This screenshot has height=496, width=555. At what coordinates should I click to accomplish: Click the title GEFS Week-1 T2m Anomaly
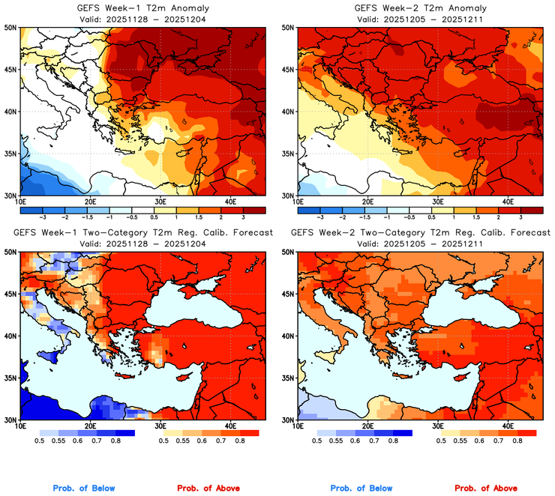(x=142, y=7)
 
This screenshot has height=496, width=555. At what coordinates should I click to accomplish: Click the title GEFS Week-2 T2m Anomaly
(x=421, y=7)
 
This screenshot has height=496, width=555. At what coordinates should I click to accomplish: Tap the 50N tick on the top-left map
(x=12, y=28)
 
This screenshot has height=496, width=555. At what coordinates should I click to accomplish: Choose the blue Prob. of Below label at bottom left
(x=83, y=488)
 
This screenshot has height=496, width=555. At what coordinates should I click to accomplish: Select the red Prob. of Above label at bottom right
(x=488, y=488)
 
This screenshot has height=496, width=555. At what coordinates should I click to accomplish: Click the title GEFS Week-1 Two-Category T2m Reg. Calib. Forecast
(x=142, y=233)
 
